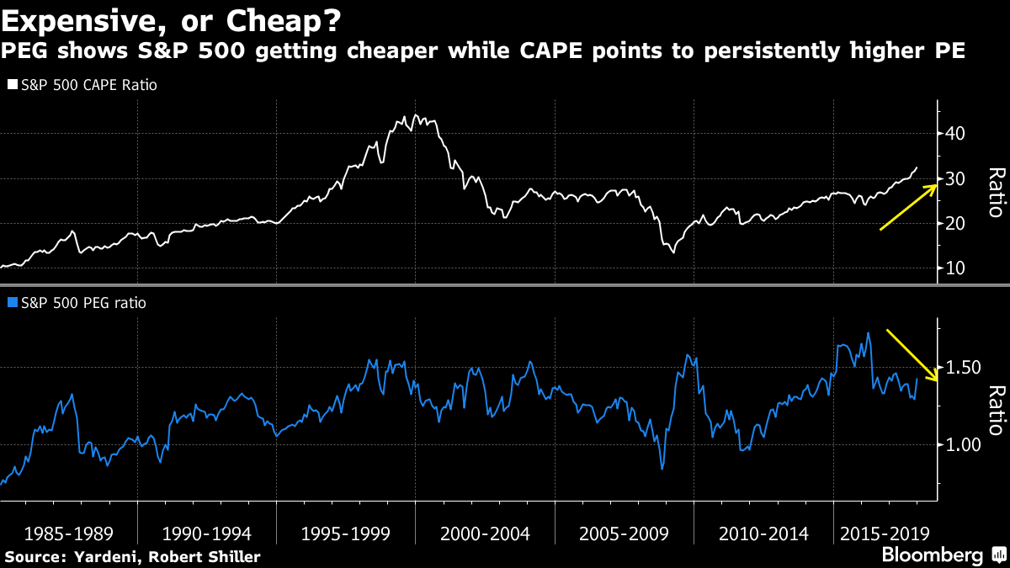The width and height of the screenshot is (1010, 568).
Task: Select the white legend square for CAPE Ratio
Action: (13, 85)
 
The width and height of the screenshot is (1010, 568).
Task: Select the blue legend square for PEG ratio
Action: (13, 303)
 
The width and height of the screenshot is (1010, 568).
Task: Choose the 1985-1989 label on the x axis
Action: (69, 533)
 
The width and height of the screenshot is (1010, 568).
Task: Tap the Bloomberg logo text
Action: (932, 555)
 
